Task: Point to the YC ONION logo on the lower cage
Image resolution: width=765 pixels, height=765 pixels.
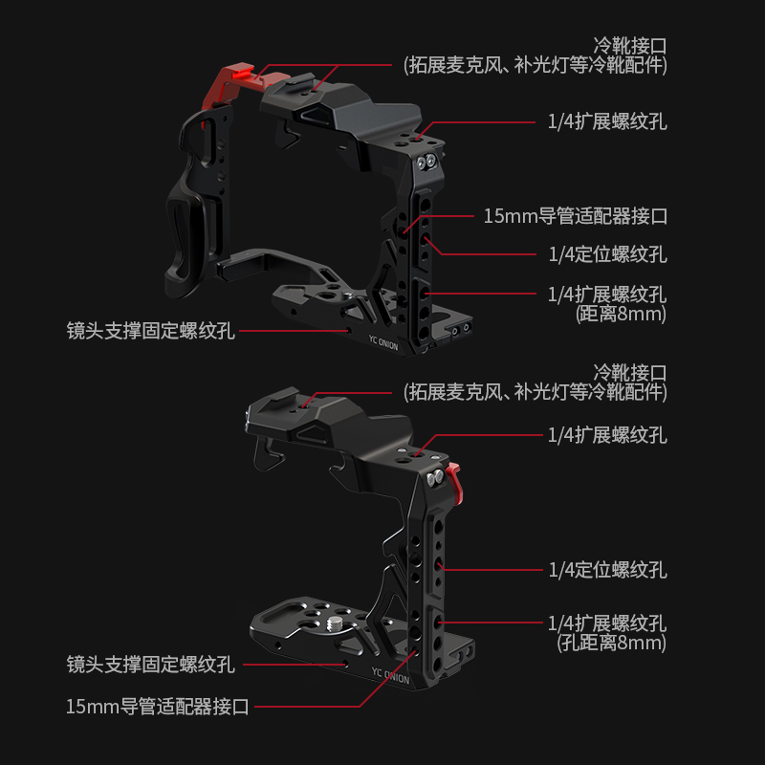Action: point(390,676)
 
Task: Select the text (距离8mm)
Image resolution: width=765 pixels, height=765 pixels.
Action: point(621,313)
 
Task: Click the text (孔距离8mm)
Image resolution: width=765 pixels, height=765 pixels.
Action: point(611,643)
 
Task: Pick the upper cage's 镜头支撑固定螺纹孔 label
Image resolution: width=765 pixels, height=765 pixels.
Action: point(150,332)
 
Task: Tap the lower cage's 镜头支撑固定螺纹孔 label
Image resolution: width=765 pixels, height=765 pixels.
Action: point(150,663)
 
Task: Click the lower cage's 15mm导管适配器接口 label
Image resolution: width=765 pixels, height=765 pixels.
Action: point(158,707)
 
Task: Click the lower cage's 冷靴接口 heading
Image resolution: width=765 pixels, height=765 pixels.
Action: point(630,372)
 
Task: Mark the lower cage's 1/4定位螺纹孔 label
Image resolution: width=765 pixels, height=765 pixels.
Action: point(607,570)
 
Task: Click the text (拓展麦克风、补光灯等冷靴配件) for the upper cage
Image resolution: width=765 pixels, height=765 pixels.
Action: point(535,65)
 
